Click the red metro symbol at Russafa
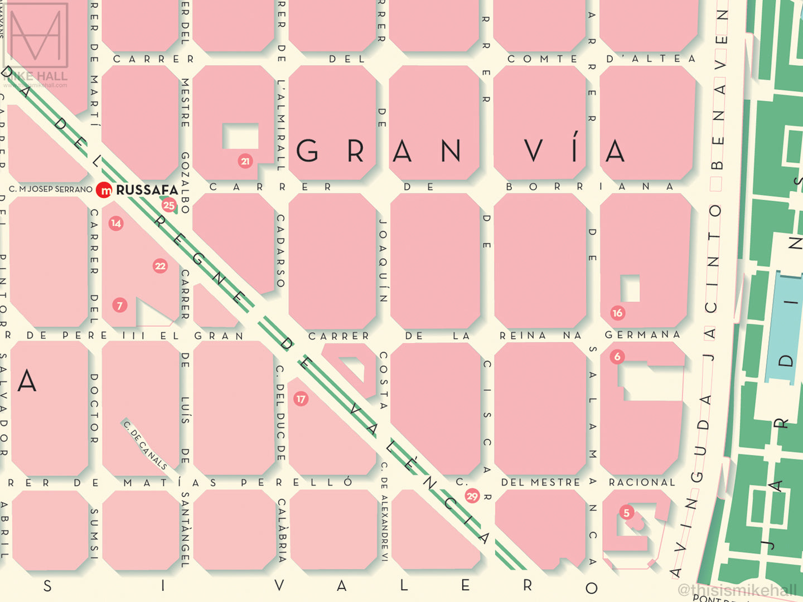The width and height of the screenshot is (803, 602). coord(104,190)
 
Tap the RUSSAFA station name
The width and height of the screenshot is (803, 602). coord(147,190)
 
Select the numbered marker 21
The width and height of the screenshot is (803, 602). coord(245,161)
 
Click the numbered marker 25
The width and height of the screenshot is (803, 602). coord(169,205)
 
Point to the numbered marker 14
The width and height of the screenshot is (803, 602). coord(116,223)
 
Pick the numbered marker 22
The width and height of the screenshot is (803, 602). coord(160,266)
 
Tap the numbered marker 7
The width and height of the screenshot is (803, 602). coord(119,305)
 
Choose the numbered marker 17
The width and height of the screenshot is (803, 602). coord(301,399)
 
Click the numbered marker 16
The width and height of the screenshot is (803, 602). coord(617,313)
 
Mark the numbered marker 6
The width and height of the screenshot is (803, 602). coord(617,357)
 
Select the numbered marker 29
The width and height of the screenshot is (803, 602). coord(472,496)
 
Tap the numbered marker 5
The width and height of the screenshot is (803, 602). coord(627,513)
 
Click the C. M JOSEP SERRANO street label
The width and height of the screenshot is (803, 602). coord(51,190)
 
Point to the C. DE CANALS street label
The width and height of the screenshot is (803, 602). coord(145,445)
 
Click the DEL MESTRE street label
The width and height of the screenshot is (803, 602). coord(540,482)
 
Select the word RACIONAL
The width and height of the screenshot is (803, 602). coord(642,482)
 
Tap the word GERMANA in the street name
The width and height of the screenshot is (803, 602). coord(643,334)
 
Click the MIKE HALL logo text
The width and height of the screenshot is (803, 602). coord(36,76)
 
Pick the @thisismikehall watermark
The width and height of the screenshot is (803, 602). coord(737,590)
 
